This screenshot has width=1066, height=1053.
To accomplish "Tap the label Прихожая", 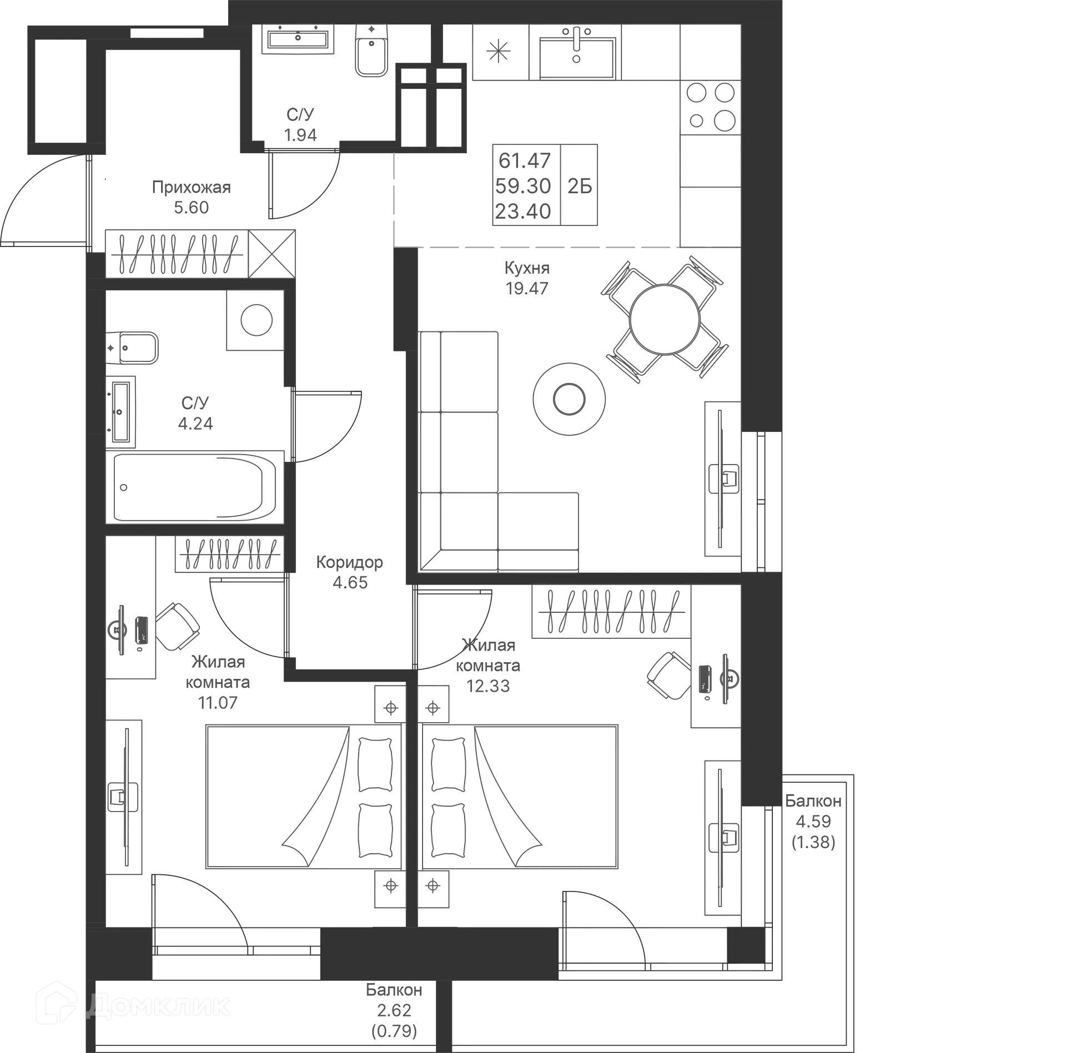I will pyautogui.click(x=192, y=188).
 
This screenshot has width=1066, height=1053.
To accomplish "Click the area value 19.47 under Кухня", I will pyautogui.click(x=527, y=289).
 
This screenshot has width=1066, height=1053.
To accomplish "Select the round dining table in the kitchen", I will pyautogui.click(x=664, y=319).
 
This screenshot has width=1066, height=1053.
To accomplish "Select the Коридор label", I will pyautogui.click(x=349, y=562).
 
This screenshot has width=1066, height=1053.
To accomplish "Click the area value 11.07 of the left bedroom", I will pyautogui.click(x=218, y=703).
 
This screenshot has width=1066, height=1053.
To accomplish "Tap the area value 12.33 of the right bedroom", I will pyautogui.click(x=488, y=687).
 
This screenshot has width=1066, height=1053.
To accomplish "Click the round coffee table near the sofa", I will pyautogui.click(x=568, y=398).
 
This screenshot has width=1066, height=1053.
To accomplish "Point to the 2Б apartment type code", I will pyautogui.click(x=580, y=186).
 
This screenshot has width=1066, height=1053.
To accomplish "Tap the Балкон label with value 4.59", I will pyautogui.click(x=813, y=801).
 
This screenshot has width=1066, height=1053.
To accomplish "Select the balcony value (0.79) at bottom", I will pyautogui.click(x=393, y=1031).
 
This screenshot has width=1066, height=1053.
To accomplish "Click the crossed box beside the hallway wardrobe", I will pyautogui.click(x=271, y=252).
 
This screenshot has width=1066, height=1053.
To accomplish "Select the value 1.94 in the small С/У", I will pyautogui.click(x=301, y=135).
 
